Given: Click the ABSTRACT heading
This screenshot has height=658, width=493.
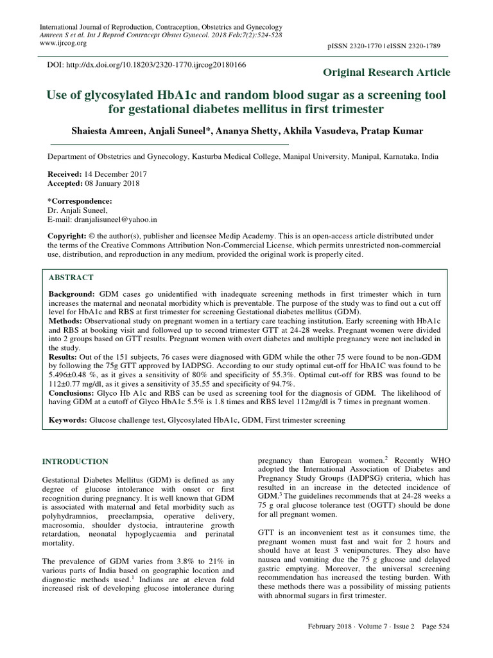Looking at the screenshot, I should click(x=71, y=277).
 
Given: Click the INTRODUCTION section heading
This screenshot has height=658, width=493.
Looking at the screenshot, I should click(x=75, y=461).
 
